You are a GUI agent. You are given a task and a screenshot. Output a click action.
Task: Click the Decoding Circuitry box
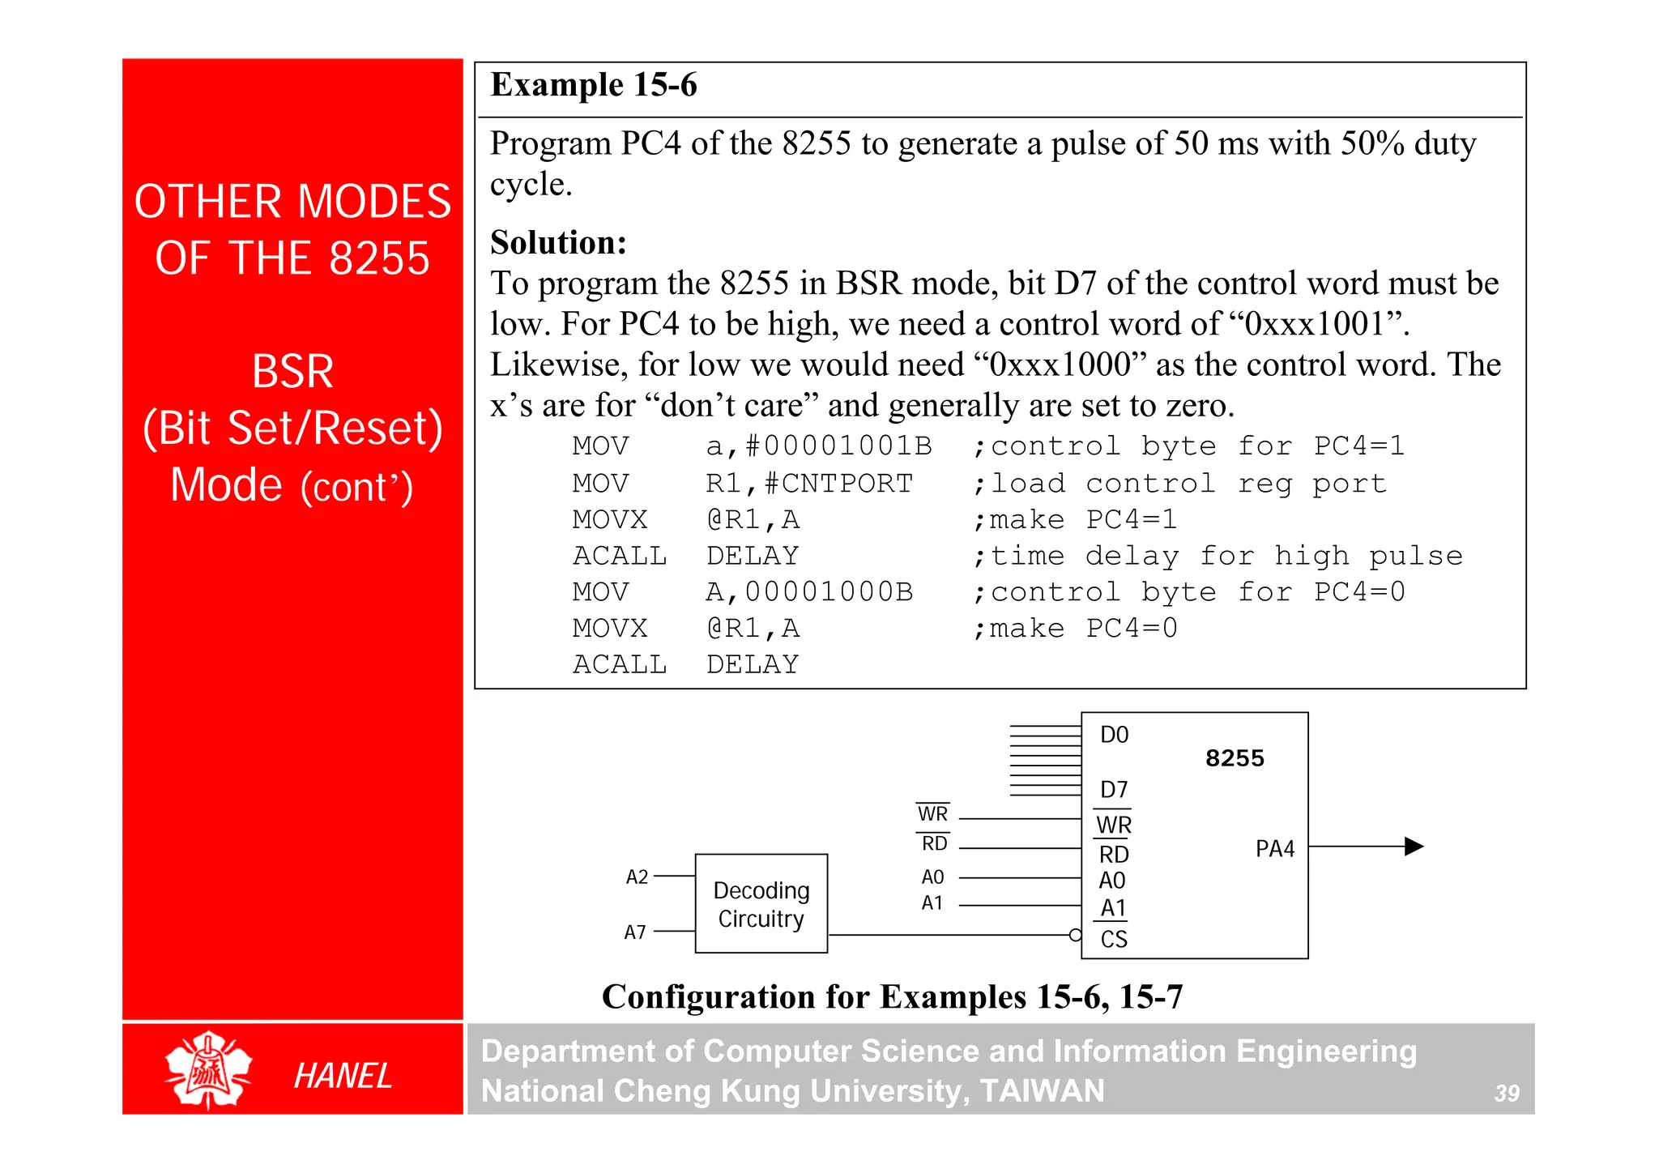point(761,903)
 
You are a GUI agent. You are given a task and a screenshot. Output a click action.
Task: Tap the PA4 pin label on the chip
point(1274,849)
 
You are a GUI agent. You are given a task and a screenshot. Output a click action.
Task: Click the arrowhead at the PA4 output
point(1414,847)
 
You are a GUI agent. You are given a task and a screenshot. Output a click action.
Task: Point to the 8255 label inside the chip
point(1234,758)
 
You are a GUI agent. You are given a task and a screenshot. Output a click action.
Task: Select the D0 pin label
point(1114,735)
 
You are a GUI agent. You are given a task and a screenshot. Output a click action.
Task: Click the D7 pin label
point(1114,789)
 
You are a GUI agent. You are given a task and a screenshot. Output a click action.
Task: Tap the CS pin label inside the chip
point(1114,939)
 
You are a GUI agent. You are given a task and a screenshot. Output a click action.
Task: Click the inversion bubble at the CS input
point(1075,935)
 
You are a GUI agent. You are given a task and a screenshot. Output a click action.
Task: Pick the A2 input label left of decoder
point(637,877)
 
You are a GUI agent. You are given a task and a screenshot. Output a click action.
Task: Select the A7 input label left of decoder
point(635,932)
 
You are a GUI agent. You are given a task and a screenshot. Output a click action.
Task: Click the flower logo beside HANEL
point(209,1070)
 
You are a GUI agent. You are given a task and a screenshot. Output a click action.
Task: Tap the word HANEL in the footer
point(343,1076)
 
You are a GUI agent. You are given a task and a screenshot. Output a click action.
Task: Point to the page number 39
point(1507,1094)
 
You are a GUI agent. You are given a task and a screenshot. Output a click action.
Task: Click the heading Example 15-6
point(594,85)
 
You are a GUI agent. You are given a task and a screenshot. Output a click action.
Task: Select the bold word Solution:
point(558,242)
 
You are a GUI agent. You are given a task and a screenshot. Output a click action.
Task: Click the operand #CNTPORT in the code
point(838,484)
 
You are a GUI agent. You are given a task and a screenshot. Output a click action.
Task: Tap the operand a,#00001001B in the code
point(818,446)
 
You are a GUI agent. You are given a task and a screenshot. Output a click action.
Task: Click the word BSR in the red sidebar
point(292,372)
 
